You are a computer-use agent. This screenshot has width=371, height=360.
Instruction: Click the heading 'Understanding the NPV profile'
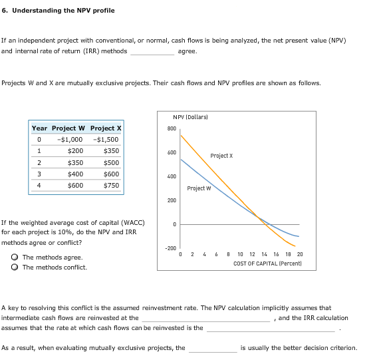(x=62, y=11)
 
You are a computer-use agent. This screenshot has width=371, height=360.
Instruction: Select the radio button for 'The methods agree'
(x=15, y=257)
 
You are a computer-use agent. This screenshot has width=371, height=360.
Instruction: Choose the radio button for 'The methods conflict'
(x=15, y=268)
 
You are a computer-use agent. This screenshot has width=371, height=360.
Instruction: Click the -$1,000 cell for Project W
(x=70, y=140)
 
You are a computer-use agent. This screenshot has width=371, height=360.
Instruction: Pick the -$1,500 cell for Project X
(x=106, y=140)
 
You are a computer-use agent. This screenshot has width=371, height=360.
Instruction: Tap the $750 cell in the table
(x=111, y=185)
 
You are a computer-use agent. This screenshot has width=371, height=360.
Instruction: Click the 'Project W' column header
(x=68, y=128)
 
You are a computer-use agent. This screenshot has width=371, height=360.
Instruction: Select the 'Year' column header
(x=39, y=128)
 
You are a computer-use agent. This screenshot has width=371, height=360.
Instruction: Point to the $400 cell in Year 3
(x=75, y=174)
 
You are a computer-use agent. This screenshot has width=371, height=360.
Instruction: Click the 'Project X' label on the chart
(x=221, y=156)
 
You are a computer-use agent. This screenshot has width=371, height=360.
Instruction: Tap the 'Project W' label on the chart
(x=199, y=188)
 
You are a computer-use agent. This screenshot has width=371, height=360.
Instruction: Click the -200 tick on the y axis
(x=170, y=248)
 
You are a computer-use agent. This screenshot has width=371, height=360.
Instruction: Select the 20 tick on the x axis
(x=300, y=254)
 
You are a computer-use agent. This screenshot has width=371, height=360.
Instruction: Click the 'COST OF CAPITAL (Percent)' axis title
(x=269, y=264)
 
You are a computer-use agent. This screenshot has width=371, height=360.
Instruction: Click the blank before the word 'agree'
(x=152, y=52)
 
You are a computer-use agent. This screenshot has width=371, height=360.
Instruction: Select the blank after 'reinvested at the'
(x=204, y=319)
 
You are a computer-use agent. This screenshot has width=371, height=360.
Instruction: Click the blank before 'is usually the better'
(x=212, y=348)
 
